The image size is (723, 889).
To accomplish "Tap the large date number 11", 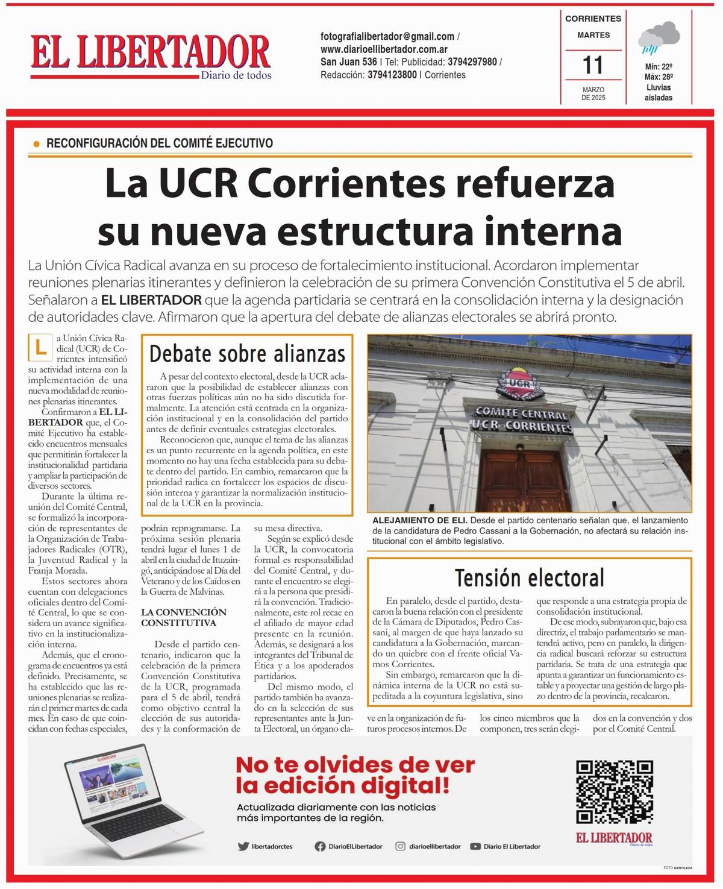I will coord(593,65).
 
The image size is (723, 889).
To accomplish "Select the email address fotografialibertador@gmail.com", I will coord(387,37).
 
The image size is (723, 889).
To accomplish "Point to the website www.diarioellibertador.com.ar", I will coord(384,49).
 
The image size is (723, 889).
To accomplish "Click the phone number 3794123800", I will coord(392,75).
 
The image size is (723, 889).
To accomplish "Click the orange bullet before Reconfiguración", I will coord(36,144).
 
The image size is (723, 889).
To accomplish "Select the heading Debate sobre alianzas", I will coord(247,353).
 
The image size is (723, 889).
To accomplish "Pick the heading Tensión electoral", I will coord(530,577).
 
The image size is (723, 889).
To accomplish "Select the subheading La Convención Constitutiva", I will coord(183,617).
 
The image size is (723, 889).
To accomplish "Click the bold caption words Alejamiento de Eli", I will coord(420,520).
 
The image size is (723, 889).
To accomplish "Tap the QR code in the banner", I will coord(614,791).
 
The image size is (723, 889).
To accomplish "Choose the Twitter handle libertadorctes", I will coord(271,846).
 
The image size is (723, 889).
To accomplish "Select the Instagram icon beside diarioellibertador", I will coord(400,846).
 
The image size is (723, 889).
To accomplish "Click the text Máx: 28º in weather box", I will coord(659,77).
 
